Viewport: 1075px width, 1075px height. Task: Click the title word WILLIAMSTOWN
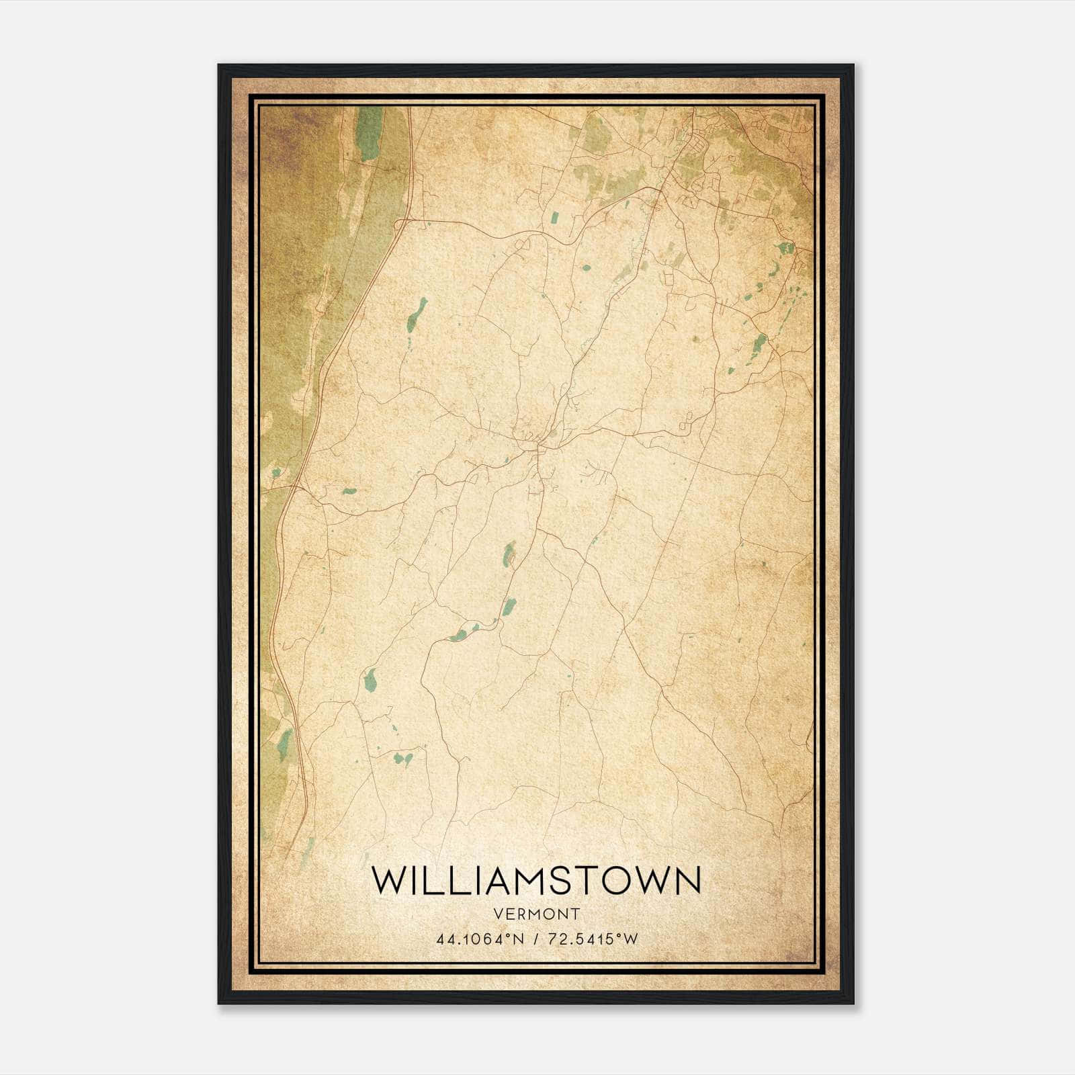pos(536,880)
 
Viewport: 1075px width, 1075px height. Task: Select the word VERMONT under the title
pos(536,914)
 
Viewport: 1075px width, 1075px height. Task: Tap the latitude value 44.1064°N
pos(478,939)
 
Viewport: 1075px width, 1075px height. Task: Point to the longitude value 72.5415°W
pos(591,939)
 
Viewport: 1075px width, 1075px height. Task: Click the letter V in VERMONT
pos(497,914)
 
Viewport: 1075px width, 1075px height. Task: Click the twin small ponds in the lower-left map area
pos(403,759)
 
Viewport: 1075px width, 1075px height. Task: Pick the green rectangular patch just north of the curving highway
pos(555,218)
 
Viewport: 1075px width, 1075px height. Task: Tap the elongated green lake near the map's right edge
pos(759,345)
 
